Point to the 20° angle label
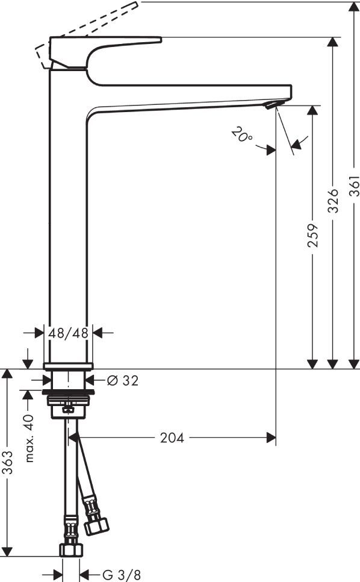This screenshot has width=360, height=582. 242,135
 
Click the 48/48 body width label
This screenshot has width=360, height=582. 69,333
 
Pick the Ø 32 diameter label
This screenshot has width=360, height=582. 122,380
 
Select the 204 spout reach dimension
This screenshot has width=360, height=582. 172,438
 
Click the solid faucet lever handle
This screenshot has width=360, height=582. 102,45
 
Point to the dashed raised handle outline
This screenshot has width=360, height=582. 90,24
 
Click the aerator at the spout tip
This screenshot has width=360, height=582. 272,105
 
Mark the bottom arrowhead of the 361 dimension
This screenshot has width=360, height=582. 353,363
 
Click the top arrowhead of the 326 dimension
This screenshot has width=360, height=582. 333,43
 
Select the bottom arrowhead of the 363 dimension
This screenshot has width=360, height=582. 8,551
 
